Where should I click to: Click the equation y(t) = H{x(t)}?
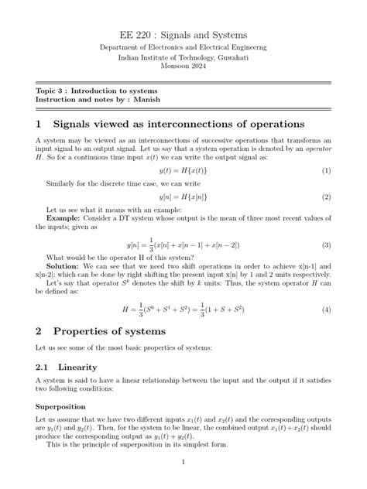pos(183,170)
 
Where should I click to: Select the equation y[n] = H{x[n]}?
pos(183,197)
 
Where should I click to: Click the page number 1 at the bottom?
pos(183,463)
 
